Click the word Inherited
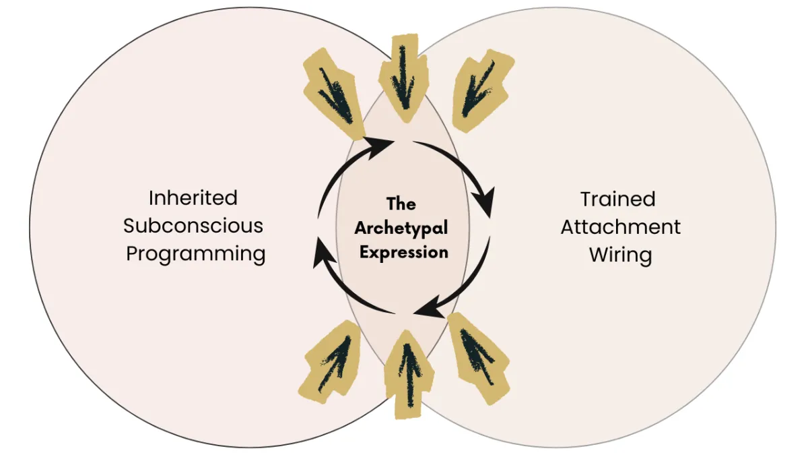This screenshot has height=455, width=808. point(193,198)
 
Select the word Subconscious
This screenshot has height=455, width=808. point(193,226)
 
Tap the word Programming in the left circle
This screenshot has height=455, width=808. point(196,255)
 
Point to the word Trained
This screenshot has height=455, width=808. point(618,199)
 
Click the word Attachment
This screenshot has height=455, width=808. point(621,226)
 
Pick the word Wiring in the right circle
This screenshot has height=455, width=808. point(620,255)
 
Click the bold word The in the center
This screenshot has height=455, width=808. point(401,204)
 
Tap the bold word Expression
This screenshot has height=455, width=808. point(403,252)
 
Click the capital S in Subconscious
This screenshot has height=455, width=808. point(130,226)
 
